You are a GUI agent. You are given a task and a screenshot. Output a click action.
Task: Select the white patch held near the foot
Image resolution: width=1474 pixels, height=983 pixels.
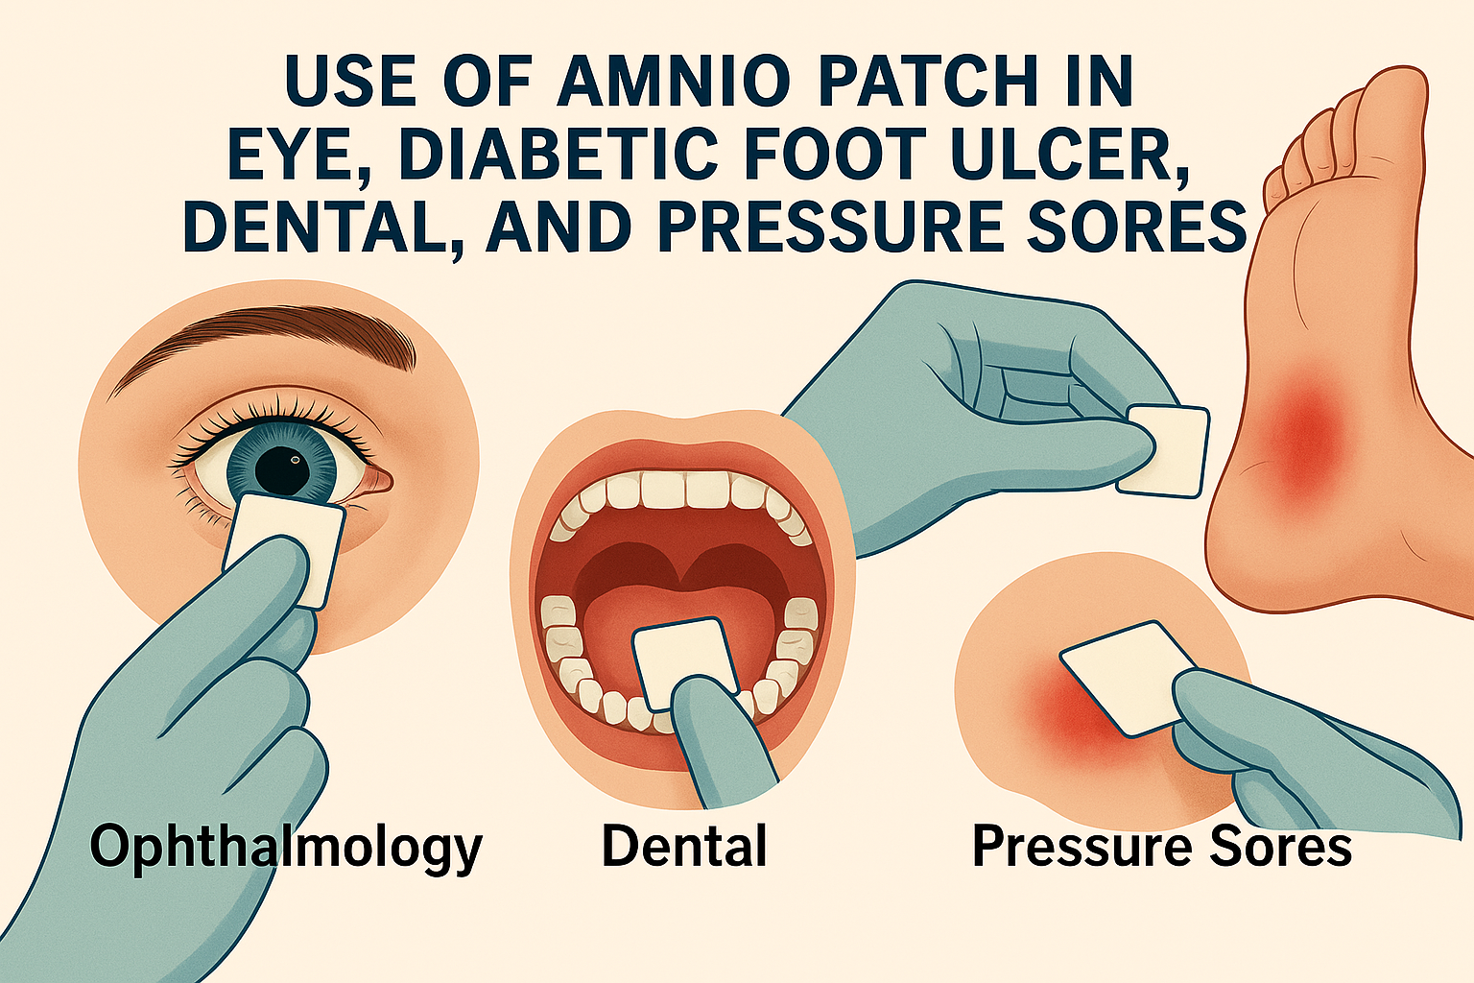pos(1163,452)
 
